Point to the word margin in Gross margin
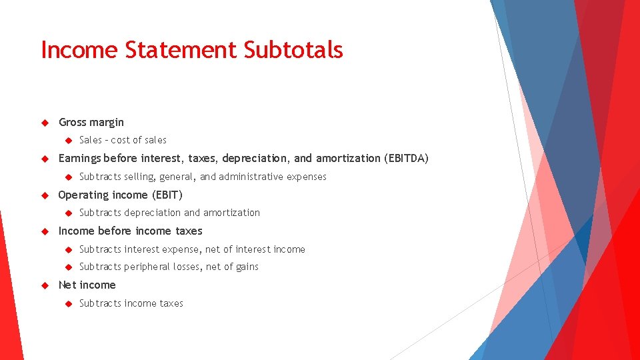tap(106, 123)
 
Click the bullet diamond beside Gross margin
tap(45, 123)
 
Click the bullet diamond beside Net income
tap(45, 285)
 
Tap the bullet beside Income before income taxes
tap(45, 231)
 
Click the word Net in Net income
tap(67, 285)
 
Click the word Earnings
tap(80, 159)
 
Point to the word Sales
tap(91, 140)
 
